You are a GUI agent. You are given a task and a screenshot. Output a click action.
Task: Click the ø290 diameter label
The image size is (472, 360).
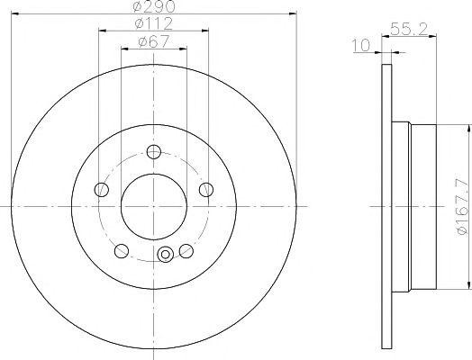[x=153, y=6]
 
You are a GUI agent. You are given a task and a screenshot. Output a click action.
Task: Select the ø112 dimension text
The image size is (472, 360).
[x=154, y=23]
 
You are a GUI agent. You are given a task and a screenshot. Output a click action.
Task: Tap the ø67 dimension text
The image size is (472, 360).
[x=154, y=41]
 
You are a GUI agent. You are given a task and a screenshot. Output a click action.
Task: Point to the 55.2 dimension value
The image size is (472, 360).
[x=409, y=29]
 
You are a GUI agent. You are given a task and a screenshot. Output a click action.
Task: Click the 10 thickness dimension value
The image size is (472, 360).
[x=361, y=45]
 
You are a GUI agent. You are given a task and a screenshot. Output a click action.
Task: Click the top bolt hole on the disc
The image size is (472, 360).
[x=154, y=151]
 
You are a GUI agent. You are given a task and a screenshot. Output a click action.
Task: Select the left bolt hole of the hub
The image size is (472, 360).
[x=102, y=190]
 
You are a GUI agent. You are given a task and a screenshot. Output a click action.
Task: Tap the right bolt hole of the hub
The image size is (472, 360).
[x=206, y=190]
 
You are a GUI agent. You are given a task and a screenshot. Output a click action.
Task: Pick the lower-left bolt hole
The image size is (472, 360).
[x=122, y=251]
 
